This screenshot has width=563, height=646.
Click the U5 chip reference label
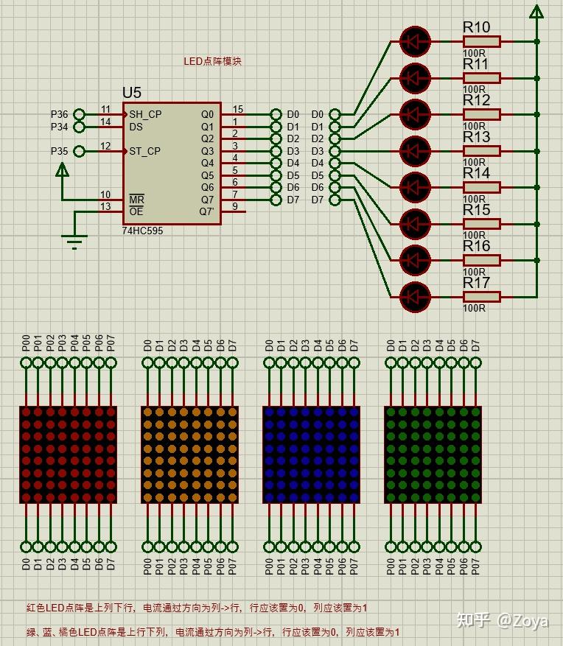tap(132, 93)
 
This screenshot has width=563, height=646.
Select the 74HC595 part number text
tap(143, 231)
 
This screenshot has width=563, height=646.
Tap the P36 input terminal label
tap(59, 114)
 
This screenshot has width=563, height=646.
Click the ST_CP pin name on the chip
tap(145, 151)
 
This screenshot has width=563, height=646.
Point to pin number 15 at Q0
tap(237, 109)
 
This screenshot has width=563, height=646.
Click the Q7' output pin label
tap(207, 211)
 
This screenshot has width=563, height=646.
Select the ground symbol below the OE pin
tap(74, 240)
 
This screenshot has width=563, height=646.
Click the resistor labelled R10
tap(481, 41)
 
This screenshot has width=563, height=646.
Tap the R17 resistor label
tap(476, 283)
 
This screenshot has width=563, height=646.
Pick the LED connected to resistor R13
tap(414, 151)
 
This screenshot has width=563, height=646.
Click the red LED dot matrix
tap(68, 454)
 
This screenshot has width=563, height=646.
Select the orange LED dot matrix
tap(190, 454)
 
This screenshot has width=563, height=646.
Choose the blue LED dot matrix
tap(312, 454)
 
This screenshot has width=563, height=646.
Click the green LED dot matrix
tap(433, 454)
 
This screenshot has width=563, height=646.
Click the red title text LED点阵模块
tap(212, 62)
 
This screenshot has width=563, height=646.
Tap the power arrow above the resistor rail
tap(536, 11)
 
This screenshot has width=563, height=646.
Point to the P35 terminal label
tap(59, 151)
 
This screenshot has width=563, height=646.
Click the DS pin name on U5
tap(136, 127)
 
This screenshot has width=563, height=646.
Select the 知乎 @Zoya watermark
tap(502, 620)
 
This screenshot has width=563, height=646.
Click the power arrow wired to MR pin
tap(63, 171)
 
